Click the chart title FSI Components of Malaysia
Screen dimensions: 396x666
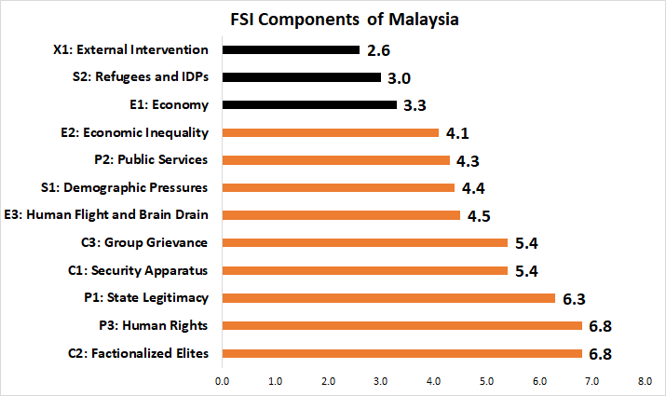coord(333,19)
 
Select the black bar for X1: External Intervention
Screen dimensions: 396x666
coord(291,49)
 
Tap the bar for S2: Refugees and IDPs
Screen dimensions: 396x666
coord(301,77)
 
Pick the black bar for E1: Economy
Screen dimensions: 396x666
coord(309,104)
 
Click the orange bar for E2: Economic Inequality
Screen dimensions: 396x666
coord(330,132)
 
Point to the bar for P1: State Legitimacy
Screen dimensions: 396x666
coord(388,298)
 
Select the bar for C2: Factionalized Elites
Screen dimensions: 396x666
coord(401,354)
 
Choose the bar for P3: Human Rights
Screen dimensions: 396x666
coord(401,326)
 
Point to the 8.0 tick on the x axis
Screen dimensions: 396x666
coord(645,381)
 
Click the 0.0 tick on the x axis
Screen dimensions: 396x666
coord(222,381)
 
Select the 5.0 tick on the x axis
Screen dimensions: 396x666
coord(486,381)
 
